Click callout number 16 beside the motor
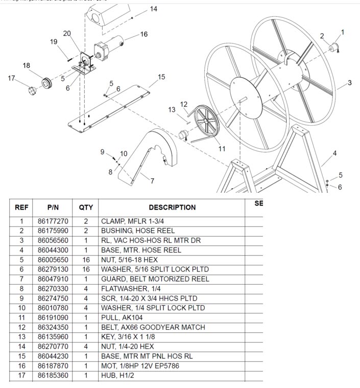(x=144, y=34)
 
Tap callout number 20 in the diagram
(x=66, y=33)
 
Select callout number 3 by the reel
(x=350, y=82)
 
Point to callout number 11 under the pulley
(x=222, y=149)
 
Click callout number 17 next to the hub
(x=11, y=78)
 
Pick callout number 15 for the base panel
(x=161, y=77)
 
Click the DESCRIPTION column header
(x=172, y=208)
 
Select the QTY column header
(x=85, y=208)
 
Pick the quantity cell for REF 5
(x=85, y=260)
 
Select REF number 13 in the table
(x=21, y=337)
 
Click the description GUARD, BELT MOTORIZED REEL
(x=155, y=279)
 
